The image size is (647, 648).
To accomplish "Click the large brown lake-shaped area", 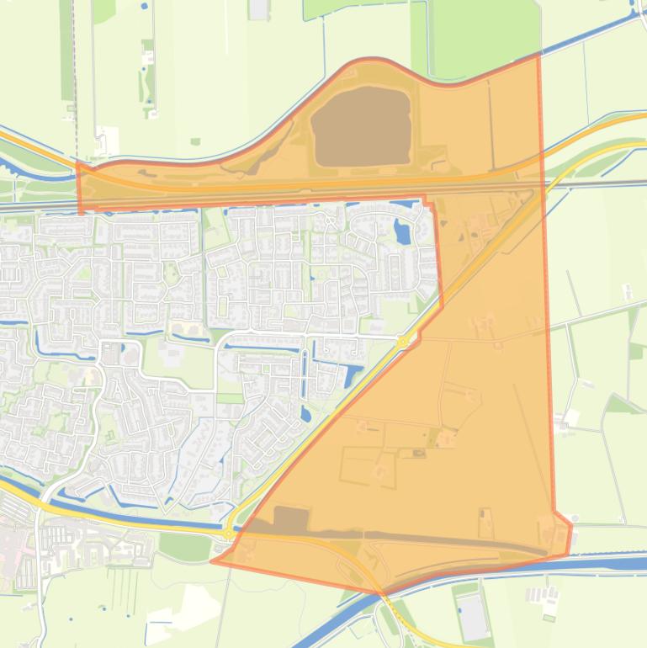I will pos(361,126).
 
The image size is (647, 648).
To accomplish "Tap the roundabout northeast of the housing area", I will pos(403,341).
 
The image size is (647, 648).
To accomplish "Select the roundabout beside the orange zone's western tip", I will pos(228,533).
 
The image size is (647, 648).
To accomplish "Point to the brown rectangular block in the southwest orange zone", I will pos(291,519).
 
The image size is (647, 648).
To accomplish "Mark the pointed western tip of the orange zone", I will pos(213,560).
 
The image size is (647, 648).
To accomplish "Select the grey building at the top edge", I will pos(259,8).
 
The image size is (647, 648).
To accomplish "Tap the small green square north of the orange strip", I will pos(195,141).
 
